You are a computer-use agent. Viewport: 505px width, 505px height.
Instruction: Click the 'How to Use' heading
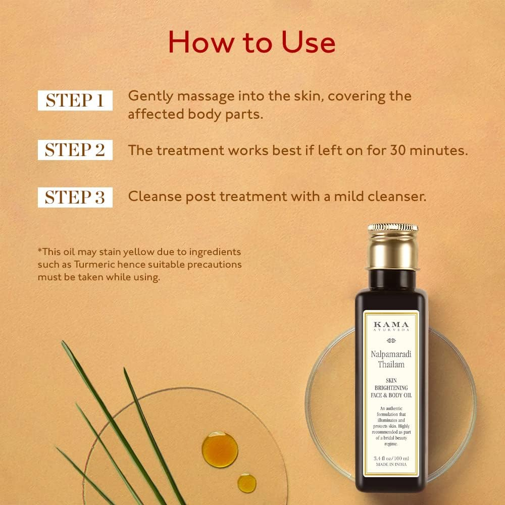[x=251, y=42]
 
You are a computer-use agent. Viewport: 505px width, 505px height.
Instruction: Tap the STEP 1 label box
[x=75, y=100]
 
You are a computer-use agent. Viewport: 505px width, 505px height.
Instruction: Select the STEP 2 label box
[x=75, y=150]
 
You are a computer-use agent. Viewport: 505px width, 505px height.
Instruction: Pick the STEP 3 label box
[x=75, y=197]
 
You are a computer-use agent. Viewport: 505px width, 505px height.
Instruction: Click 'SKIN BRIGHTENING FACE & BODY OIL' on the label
[x=391, y=388]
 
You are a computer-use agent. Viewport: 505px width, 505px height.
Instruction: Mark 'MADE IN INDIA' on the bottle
[x=391, y=465]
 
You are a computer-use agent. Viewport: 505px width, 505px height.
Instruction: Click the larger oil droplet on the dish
[x=220, y=448]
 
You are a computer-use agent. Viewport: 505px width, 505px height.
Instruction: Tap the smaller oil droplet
[x=246, y=482]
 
